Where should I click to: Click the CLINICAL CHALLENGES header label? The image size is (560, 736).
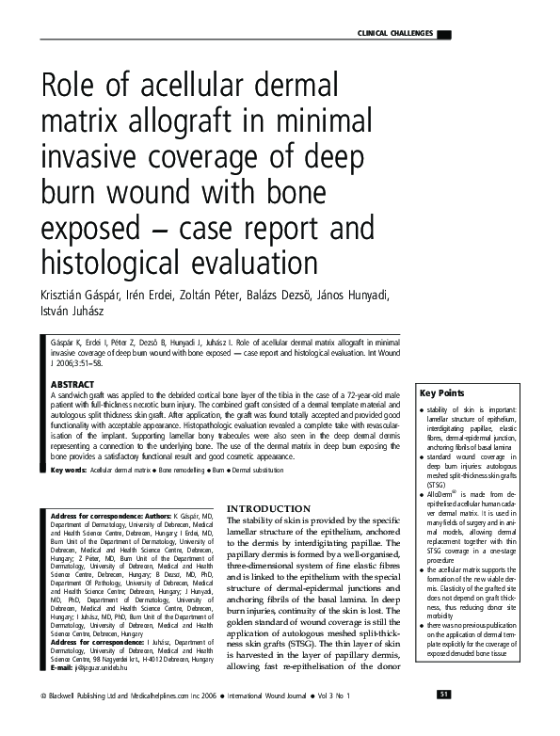pyautogui.click(x=395, y=33)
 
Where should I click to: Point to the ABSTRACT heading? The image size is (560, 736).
pyautogui.click(x=72, y=384)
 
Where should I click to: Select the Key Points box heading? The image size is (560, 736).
pyautogui.click(x=443, y=419)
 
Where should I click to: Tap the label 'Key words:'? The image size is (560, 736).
pyautogui.click(x=69, y=469)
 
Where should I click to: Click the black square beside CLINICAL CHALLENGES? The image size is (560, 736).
pyautogui.click(x=444, y=34)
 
